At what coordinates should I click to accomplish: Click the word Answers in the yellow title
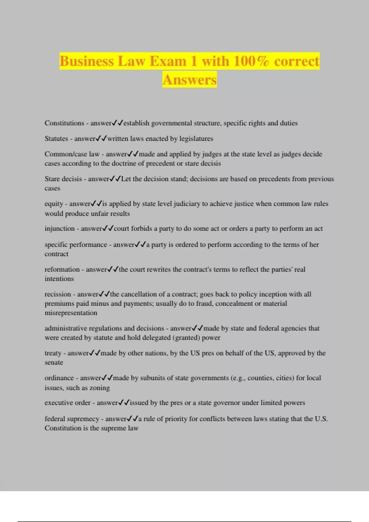coord(189,80)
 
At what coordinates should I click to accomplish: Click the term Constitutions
coord(64,123)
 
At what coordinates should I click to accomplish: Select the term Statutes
coord(56,138)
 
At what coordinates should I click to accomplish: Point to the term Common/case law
coord(72,154)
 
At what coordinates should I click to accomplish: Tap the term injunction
coord(60,228)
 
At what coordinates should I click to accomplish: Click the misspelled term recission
coord(58,294)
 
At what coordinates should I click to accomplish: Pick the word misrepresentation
coord(71,313)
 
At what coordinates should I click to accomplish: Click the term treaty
coord(53,353)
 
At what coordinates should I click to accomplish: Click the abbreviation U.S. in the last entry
coord(321,419)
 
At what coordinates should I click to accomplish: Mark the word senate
coord(54,363)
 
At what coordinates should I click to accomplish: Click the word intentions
coord(59,279)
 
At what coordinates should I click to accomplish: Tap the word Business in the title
coord(86,61)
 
